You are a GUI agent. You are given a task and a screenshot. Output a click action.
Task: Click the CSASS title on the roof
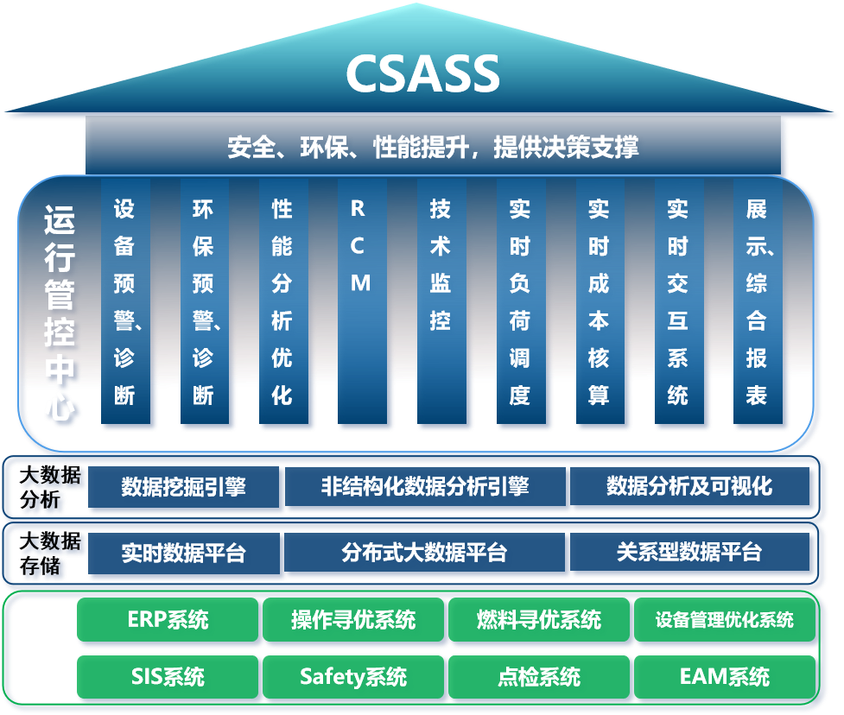click(422, 74)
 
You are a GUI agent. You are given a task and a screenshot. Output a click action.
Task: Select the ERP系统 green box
click(168, 620)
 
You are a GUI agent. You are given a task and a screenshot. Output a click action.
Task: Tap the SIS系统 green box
click(168, 676)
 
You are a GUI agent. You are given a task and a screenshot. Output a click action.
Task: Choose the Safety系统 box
click(352, 676)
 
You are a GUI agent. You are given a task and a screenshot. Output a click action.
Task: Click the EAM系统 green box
click(724, 676)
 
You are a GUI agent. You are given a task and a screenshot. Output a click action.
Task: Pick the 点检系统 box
click(539, 676)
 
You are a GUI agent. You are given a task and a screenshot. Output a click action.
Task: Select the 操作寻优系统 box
click(352, 620)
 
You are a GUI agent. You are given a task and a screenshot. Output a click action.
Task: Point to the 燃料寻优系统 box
click(539, 620)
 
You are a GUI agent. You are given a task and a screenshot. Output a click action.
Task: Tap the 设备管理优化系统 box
click(724, 620)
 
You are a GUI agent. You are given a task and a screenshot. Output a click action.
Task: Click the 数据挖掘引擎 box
click(184, 487)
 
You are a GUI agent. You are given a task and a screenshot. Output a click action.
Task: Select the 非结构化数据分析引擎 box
click(425, 487)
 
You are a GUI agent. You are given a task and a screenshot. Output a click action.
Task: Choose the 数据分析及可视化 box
click(689, 487)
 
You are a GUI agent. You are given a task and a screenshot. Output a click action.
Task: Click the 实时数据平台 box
click(184, 553)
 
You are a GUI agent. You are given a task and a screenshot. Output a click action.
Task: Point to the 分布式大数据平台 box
click(425, 553)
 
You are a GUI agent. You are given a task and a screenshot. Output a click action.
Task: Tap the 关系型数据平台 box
click(689, 553)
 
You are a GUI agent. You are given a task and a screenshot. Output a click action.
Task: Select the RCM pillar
click(361, 302)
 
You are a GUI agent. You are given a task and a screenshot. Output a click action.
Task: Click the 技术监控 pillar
click(441, 302)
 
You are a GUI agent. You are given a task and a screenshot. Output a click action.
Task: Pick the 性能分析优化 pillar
click(282, 302)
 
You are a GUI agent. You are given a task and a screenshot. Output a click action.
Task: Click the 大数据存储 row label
click(50, 554)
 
